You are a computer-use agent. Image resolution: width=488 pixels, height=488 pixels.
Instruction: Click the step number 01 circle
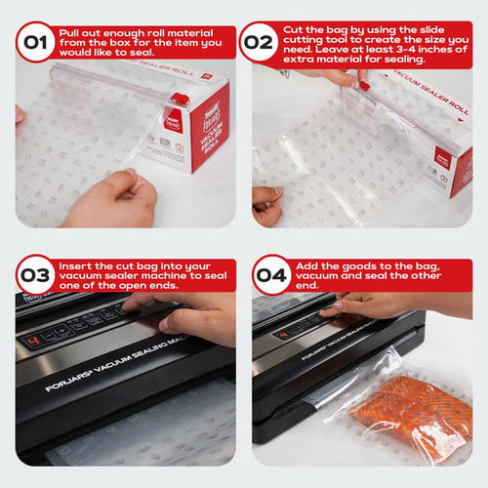coord(35,43)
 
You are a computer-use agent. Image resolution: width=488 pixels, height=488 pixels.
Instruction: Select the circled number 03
coord(35,274)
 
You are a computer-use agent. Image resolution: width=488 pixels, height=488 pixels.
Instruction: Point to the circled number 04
coord(272,274)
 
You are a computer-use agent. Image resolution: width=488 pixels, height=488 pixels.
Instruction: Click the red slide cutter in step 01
coord(179,100)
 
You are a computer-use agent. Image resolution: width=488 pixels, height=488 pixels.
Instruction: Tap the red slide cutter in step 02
coord(363,86)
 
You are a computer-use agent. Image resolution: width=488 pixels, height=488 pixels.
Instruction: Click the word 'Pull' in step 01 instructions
coord(69,32)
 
